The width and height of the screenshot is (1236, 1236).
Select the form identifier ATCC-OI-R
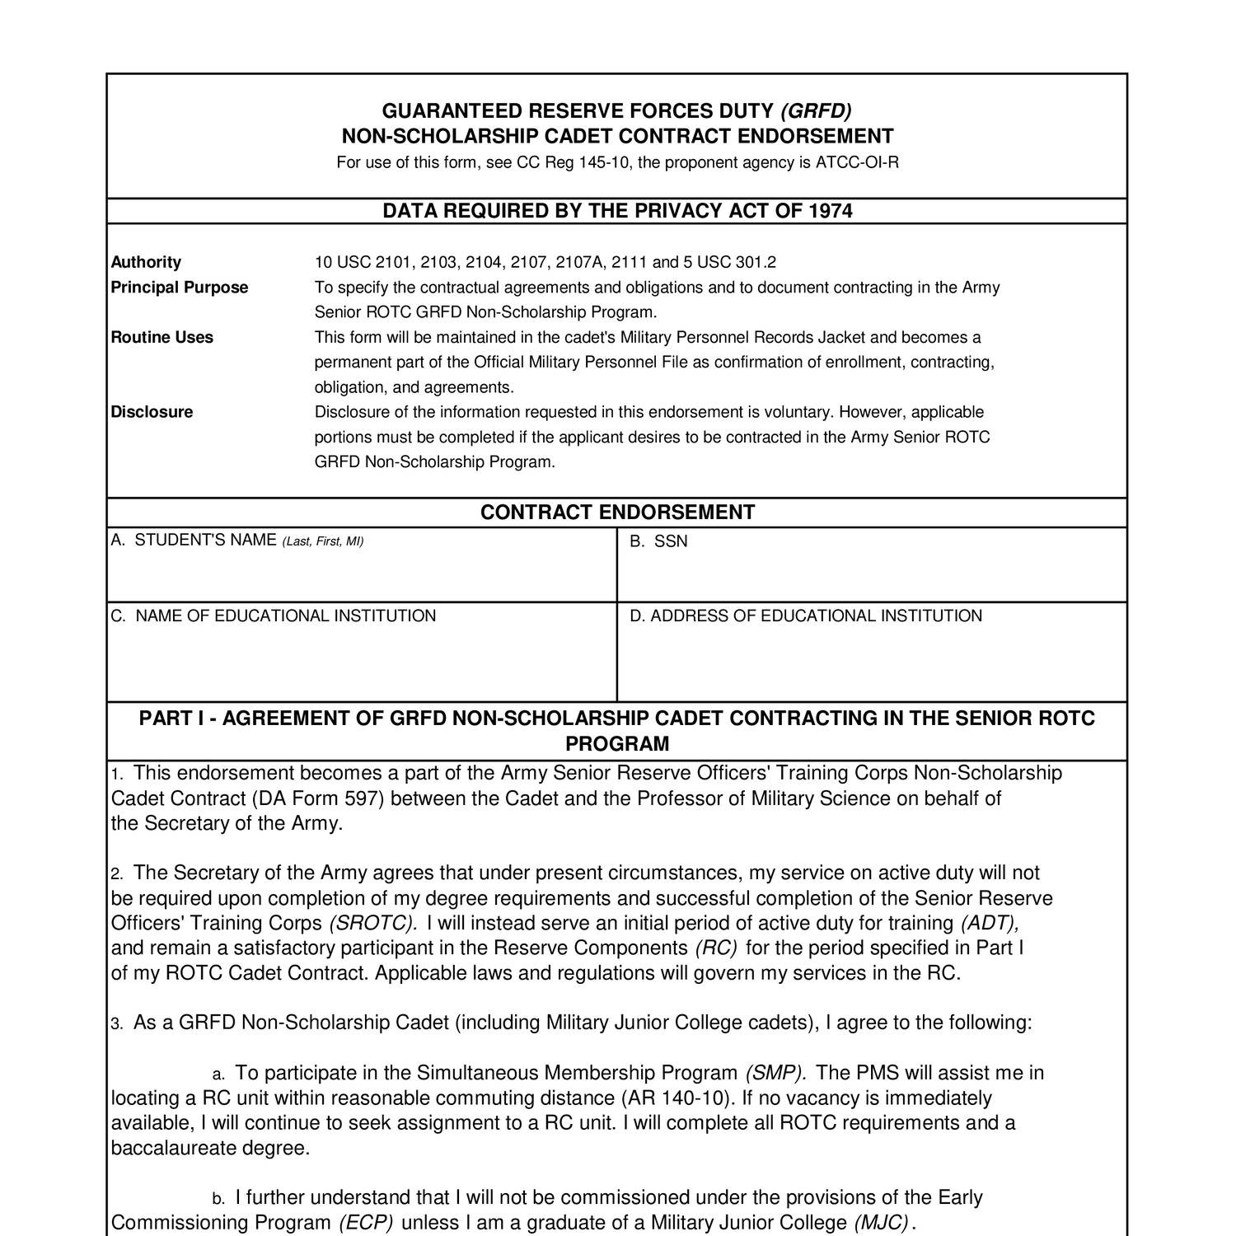click(857, 162)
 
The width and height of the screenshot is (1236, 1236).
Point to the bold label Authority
click(146, 262)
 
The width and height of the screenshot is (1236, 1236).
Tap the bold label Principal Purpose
click(180, 288)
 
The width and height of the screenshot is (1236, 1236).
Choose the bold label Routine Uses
click(162, 337)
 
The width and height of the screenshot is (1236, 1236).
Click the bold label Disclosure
click(152, 412)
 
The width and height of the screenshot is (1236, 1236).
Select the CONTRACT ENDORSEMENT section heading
click(617, 513)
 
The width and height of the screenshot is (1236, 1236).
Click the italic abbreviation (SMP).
click(775, 1073)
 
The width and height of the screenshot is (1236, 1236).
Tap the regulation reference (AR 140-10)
click(675, 1098)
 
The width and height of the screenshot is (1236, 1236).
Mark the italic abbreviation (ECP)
click(366, 1223)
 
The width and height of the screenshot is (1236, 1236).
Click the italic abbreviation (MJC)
click(882, 1223)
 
